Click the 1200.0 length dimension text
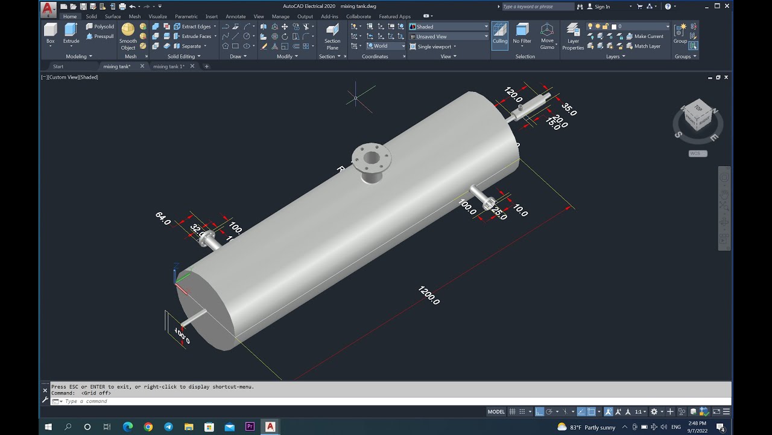(x=429, y=295)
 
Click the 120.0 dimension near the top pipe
(x=513, y=94)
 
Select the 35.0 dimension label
(x=569, y=109)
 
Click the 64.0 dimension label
(x=163, y=218)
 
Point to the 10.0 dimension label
(x=520, y=211)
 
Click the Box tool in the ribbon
(x=51, y=34)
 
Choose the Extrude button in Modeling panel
(x=71, y=34)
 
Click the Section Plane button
(x=332, y=36)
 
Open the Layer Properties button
(x=573, y=36)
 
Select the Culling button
(x=500, y=34)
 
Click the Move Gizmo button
(x=547, y=36)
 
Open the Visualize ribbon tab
(x=157, y=16)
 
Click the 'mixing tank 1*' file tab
(x=169, y=66)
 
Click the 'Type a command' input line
(x=241, y=401)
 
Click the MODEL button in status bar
(x=496, y=411)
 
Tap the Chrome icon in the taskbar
(x=148, y=427)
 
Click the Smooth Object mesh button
(x=128, y=36)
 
